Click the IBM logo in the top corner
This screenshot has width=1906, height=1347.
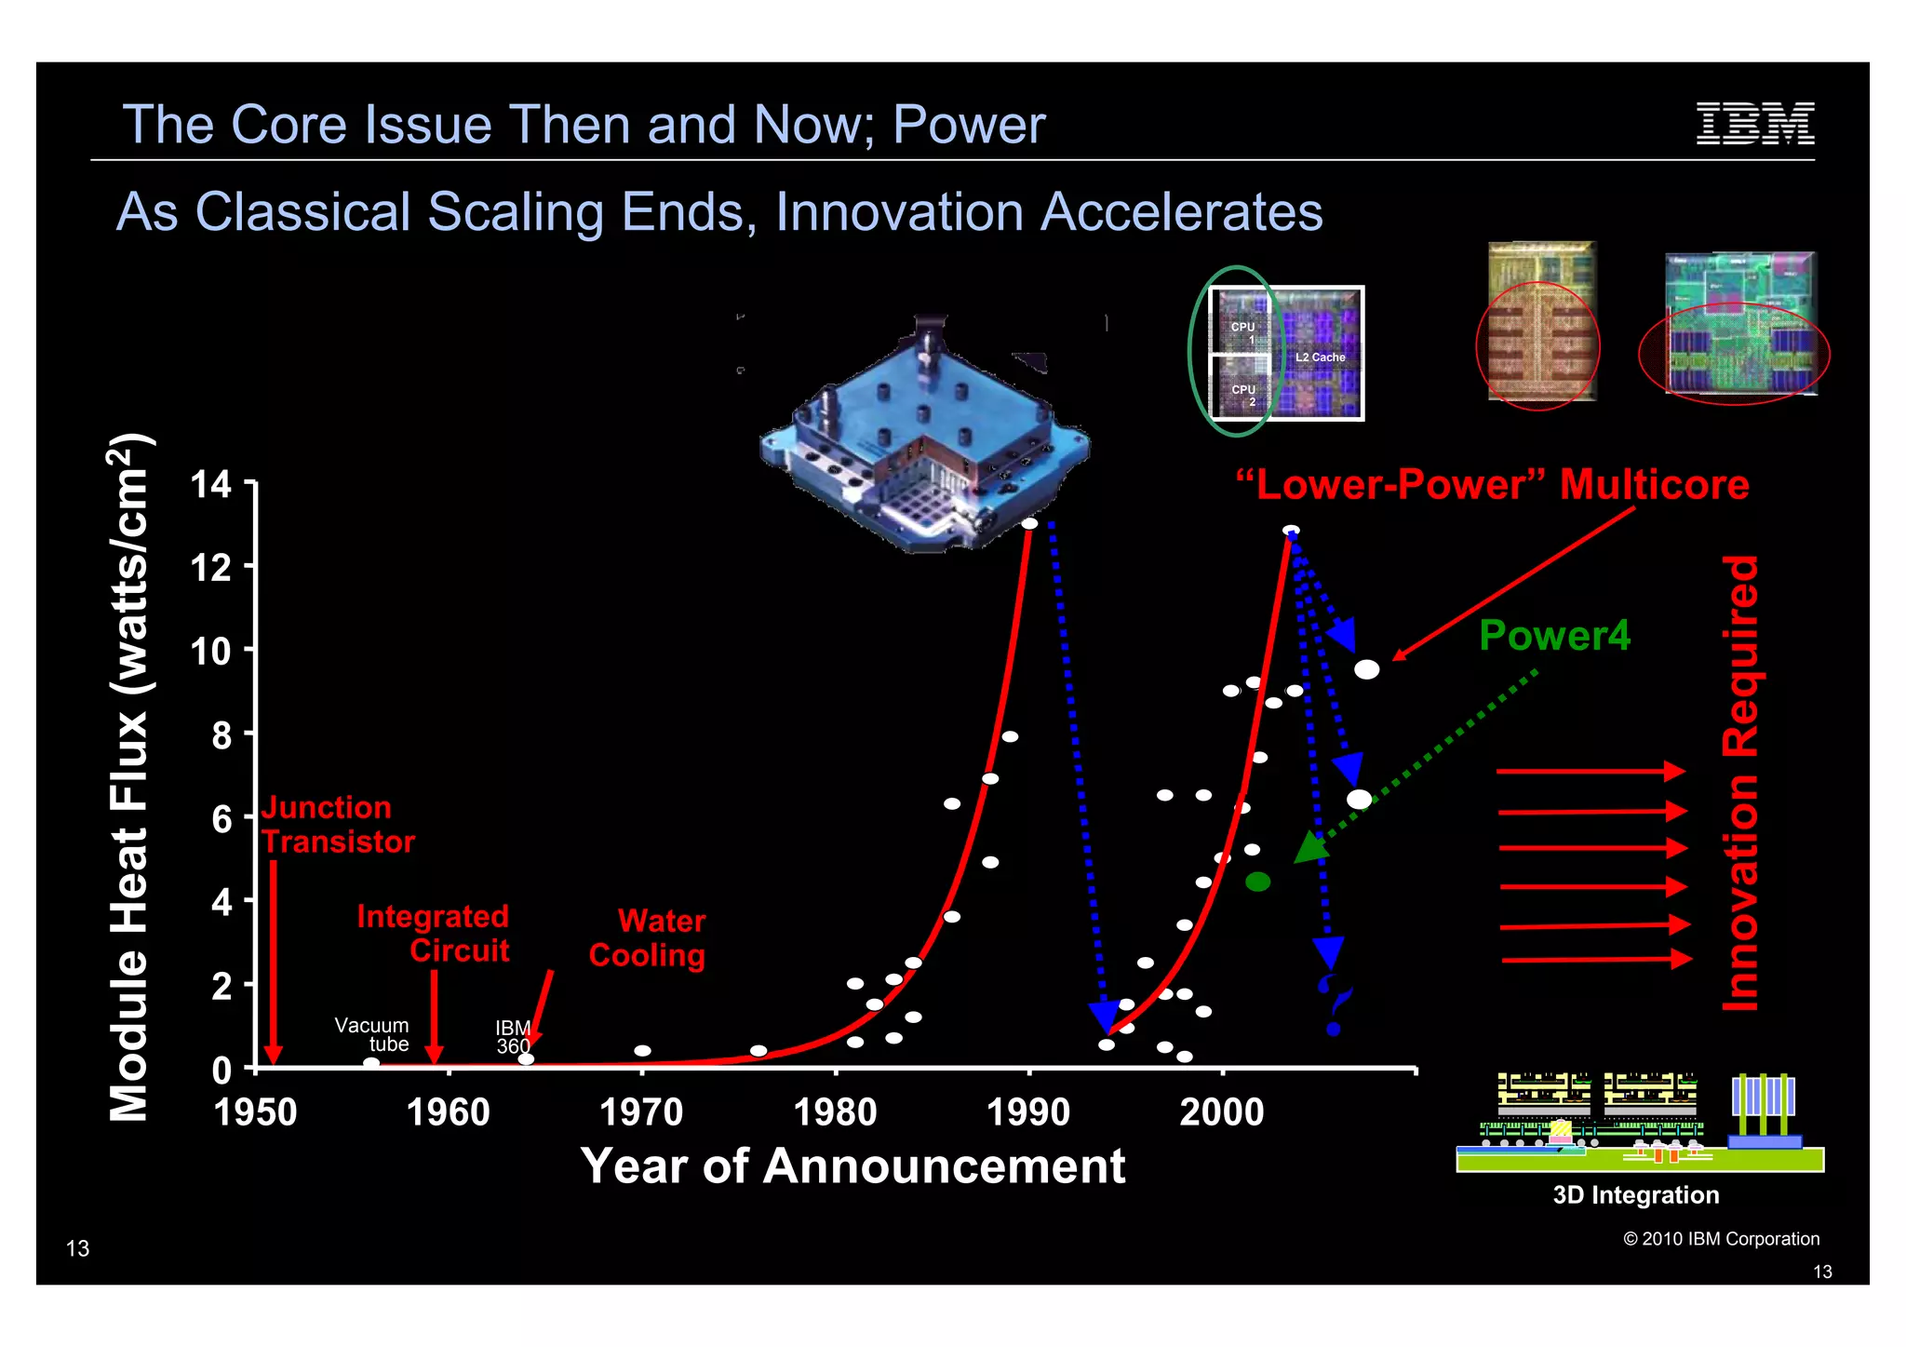(x=1754, y=124)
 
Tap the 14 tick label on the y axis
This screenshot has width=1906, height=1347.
(x=210, y=484)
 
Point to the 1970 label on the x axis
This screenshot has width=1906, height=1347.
(x=641, y=1112)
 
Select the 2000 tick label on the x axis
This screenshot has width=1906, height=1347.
(x=1221, y=1112)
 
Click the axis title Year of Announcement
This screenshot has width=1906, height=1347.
(x=852, y=1166)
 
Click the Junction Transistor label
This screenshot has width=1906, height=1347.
(x=337, y=825)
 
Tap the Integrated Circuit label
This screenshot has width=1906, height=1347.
(x=434, y=934)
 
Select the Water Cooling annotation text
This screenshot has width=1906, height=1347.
(x=649, y=938)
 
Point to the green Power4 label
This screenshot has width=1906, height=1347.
(x=1554, y=636)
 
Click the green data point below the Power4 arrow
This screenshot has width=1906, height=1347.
(x=1257, y=882)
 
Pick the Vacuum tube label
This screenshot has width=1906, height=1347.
(x=372, y=1034)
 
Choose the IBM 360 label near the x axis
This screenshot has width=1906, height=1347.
(x=513, y=1036)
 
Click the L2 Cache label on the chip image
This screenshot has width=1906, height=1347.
(x=1320, y=357)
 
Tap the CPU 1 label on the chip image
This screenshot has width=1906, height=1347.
(x=1243, y=332)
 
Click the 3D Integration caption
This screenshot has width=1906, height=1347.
(x=1635, y=1195)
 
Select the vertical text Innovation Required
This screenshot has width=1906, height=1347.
(x=1740, y=783)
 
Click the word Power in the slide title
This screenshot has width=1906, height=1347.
(x=969, y=125)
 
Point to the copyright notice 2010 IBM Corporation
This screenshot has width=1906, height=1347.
(x=1721, y=1239)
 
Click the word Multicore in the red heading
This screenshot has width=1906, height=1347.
(x=1654, y=485)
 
